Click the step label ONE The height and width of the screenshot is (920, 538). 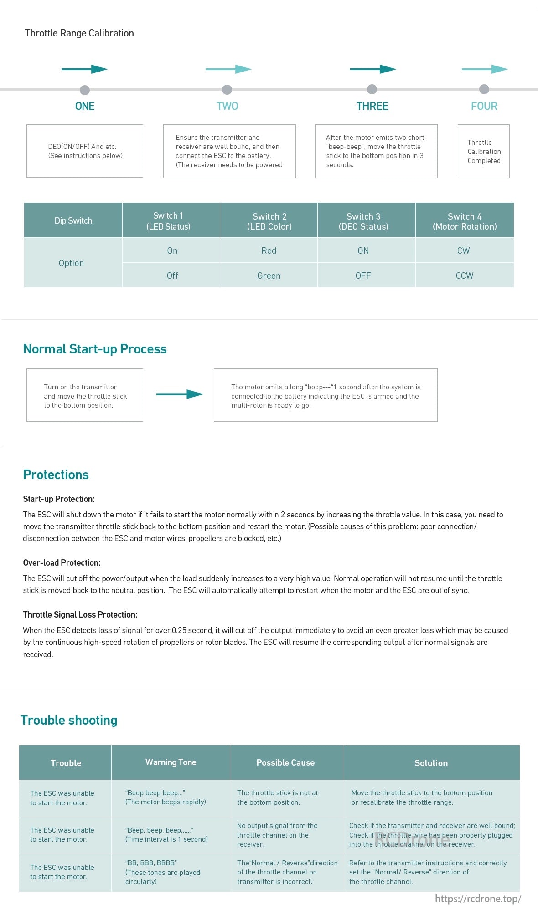(85, 106)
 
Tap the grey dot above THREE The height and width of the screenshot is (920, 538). (372, 89)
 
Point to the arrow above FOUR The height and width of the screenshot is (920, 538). (484, 69)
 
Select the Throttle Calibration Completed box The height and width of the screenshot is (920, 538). (484, 151)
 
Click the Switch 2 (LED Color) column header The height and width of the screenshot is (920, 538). (269, 221)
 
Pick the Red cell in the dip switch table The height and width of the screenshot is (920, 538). (269, 250)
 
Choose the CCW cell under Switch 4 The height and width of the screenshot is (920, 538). (464, 276)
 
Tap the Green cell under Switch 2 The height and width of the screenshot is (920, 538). (269, 276)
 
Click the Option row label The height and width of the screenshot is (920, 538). (72, 263)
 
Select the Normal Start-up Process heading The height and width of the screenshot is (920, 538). (95, 349)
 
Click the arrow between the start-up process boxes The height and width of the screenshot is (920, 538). (179, 394)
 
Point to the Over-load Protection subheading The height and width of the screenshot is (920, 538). (62, 562)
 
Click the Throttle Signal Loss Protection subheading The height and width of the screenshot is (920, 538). (80, 614)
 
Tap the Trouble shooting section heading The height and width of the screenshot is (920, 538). (69, 720)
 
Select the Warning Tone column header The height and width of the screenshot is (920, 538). (171, 762)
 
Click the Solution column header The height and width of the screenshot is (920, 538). (431, 763)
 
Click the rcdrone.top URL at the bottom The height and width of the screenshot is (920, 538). (477, 899)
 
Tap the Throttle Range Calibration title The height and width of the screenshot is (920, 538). (79, 33)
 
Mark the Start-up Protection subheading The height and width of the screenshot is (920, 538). (59, 499)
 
